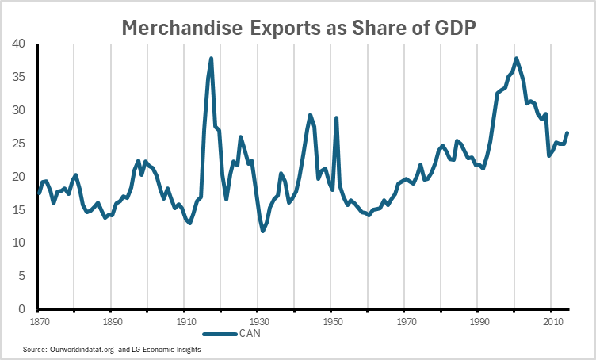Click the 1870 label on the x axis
pyautogui.click(x=37, y=324)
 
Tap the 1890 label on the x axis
pyautogui.click(x=110, y=324)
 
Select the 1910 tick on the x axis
pyautogui.click(x=184, y=324)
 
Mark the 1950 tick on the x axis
pyautogui.click(x=332, y=324)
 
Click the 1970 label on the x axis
pyautogui.click(x=406, y=324)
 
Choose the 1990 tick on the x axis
pyautogui.click(x=479, y=324)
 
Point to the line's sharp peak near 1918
pyautogui.click(x=212, y=58)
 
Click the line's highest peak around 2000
pyautogui.click(x=517, y=58)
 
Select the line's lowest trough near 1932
pyautogui.click(x=262, y=231)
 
